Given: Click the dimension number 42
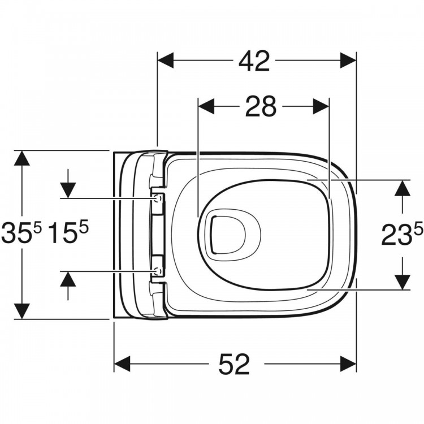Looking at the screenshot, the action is point(254,62).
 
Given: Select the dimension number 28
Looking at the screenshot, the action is point(261,106).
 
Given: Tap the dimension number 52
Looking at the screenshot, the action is point(234,364).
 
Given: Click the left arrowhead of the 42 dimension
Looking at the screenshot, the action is point(166,60).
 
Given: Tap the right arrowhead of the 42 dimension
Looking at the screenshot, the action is point(348,60).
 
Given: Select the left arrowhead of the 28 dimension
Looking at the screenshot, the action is point(206,106).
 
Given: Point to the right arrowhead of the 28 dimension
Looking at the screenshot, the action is point(321,106).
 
